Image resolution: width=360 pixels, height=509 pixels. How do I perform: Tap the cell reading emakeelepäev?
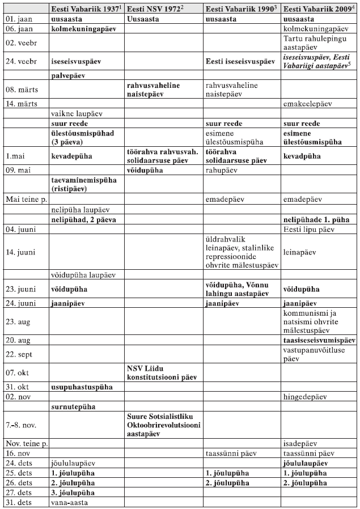pos(309,104)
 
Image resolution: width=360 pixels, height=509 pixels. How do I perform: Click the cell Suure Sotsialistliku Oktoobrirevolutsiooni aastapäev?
pos(160,425)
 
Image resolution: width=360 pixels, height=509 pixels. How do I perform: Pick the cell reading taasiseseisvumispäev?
pos(319,341)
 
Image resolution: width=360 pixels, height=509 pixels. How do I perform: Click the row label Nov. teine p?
pos(25,443)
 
